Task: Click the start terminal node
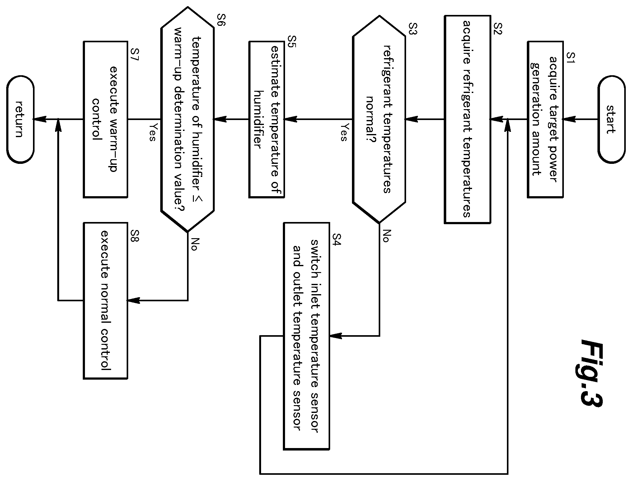[611, 119]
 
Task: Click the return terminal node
[20, 119]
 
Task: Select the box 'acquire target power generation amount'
[545, 119]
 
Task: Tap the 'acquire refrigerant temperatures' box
[467, 119]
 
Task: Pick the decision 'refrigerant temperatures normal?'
[379, 119]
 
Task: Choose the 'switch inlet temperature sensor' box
[306, 336]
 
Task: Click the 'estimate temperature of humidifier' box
[266, 119]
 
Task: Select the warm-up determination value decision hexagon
[187, 119]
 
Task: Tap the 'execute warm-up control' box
[105, 119]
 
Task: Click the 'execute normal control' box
[105, 300]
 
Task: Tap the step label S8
[135, 239]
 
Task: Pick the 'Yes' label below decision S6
[152, 132]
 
